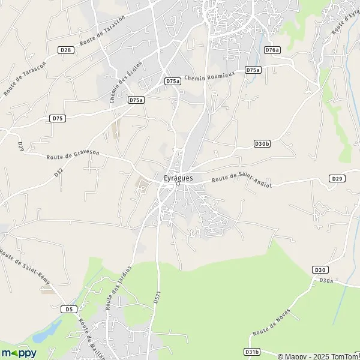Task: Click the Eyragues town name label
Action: point(178,178)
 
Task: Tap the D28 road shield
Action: point(66,50)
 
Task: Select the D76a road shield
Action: point(272,50)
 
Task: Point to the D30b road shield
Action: point(262,144)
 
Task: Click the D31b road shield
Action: point(252,352)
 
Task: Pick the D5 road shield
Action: point(70,309)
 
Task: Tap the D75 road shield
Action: point(58,118)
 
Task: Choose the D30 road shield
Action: point(319,271)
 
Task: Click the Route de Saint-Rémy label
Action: point(25,267)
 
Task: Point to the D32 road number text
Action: point(58,173)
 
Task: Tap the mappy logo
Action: point(19,353)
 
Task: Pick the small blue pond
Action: point(50,329)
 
